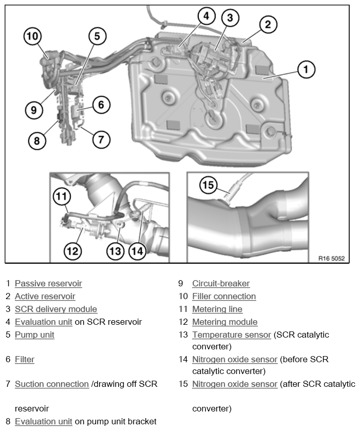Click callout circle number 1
[x=306, y=69]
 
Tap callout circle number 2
[x=268, y=24]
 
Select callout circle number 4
[x=206, y=16]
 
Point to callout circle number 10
[x=33, y=36]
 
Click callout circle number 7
[x=101, y=139]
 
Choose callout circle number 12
[x=73, y=250]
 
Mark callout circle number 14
[x=137, y=250]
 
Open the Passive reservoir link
[x=48, y=284]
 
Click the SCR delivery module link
[x=56, y=309]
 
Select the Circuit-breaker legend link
[x=221, y=284]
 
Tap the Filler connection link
[x=224, y=297]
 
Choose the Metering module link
[x=224, y=322]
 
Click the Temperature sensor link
[x=231, y=335]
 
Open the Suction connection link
[x=52, y=384]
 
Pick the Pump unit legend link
[x=34, y=335]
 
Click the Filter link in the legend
[x=25, y=360]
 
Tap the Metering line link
[x=217, y=309]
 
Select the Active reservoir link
[x=45, y=297]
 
